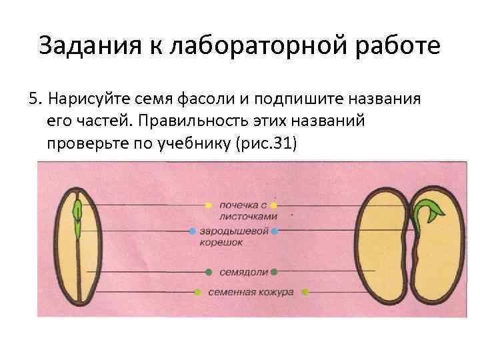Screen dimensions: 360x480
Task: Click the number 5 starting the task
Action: click(33, 100)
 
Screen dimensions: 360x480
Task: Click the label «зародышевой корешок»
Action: click(233, 237)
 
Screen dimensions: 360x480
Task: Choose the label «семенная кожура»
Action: click(250, 293)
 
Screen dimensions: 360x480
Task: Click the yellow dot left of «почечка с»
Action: click(208, 205)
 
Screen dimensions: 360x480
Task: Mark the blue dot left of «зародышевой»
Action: click(192, 231)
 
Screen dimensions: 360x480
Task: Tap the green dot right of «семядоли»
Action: click(274, 272)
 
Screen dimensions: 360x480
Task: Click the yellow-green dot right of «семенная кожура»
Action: click(305, 292)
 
